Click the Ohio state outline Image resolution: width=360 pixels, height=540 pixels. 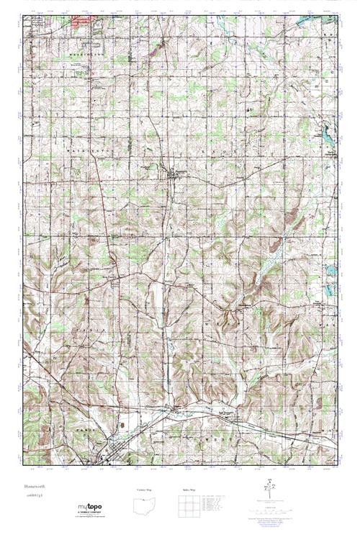pos(146,505)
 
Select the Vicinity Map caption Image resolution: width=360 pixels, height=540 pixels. pos(146,490)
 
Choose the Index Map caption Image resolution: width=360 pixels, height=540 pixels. pos(189,490)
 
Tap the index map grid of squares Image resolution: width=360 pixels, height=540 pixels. pos(189,505)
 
